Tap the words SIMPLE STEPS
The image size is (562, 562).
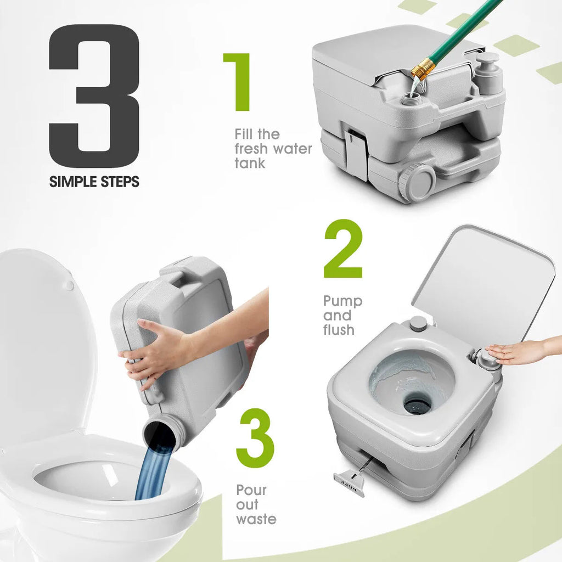click(x=94, y=182)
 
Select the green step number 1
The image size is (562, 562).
click(x=238, y=82)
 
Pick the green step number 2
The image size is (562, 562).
click(x=343, y=249)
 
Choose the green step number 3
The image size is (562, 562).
click(x=255, y=437)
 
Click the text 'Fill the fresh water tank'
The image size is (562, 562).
click(x=273, y=148)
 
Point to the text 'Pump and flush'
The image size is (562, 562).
click(x=342, y=316)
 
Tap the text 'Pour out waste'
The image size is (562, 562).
click(x=256, y=504)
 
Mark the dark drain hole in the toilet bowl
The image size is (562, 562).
click(x=417, y=404)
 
